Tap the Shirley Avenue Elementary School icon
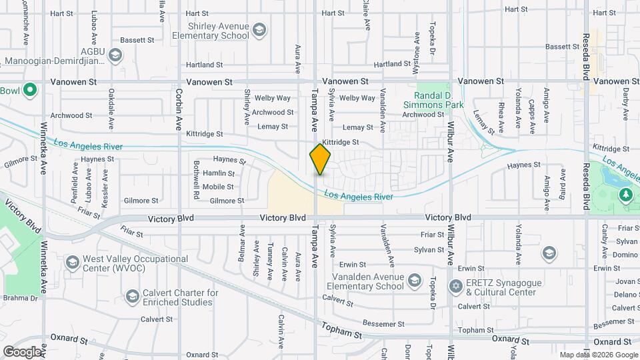pos(259,30)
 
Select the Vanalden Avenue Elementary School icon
pos(414,281)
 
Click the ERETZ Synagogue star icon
pos(457,287)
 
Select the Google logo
pos(22,351)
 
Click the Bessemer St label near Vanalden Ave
pos(379,324)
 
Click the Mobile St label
pos(218,187)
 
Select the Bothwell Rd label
pos(197,179)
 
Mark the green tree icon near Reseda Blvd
pos(625,195)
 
